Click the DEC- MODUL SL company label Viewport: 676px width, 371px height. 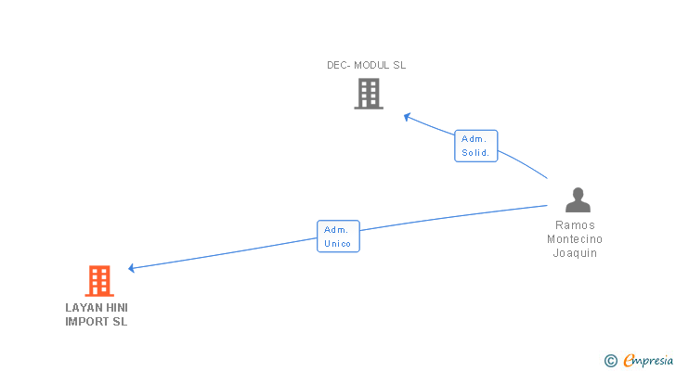(x=367, y=65)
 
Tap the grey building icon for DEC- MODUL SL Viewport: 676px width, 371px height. (x=369, y=94)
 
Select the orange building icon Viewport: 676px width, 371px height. (x=99, y=280)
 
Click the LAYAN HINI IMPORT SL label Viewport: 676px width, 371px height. (x=97, y=314)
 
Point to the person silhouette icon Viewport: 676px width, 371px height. (x=578, y=199)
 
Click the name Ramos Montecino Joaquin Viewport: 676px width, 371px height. (x=576, y=239)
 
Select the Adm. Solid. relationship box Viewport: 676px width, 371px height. (x=475, y=146)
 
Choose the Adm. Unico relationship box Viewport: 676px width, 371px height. (x=338, y=237)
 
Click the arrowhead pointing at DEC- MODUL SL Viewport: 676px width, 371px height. (x=407, y=117)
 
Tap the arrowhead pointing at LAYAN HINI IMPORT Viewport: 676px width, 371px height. (x=133, y=268)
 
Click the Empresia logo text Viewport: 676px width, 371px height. (x=647, y=361)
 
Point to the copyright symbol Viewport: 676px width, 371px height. (x=610, y=361)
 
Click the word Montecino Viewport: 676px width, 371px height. (x=576, y=239)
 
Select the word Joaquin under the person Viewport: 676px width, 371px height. (x=576, y=253)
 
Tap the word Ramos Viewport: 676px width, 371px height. (x=576, y=225)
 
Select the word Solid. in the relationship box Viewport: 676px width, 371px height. (x=475, y=153)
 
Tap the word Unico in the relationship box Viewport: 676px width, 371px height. (x=338, y=244)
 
